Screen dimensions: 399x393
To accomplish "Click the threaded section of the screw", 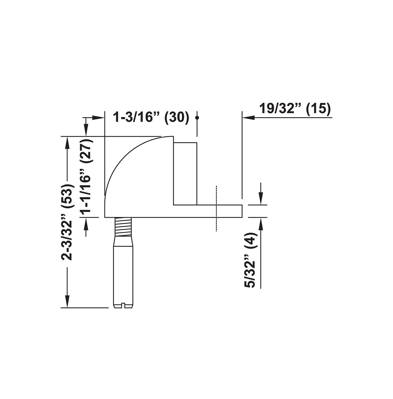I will [x=124, y=227].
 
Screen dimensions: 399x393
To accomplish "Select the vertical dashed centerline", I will [x=216, y=209].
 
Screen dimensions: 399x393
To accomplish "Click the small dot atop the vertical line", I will [x=197, y=118].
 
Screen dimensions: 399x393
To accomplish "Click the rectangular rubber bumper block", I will [x=185, y=173].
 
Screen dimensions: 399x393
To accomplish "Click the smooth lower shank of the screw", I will [x=124, y=271].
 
